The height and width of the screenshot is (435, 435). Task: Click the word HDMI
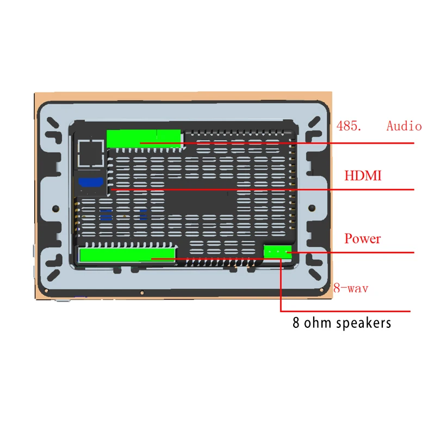point(363,176)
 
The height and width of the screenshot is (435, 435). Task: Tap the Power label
point(363,239)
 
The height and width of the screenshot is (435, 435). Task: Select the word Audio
point(404,126)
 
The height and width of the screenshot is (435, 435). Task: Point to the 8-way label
point(351,288)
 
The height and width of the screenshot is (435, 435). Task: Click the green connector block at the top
point(144,138)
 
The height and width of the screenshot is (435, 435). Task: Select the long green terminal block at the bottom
point(127,254)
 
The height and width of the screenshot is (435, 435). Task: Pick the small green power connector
point(277,251)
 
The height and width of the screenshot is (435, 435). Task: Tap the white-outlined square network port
point(90,153)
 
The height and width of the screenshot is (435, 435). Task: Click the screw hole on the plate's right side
point(313,207)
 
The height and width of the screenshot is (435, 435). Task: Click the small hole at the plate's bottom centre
point(142,290)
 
